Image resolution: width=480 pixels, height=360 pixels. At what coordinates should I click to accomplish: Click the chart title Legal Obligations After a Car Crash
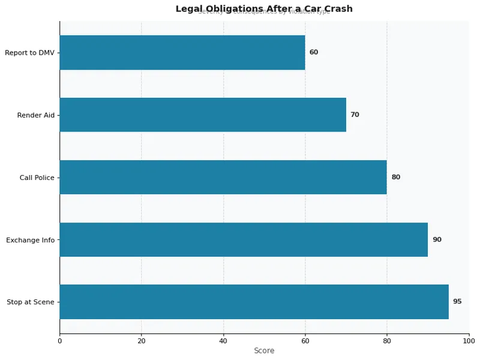[x=264, y=9]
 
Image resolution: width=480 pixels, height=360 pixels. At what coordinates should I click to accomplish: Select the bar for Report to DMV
[x=182, y=52]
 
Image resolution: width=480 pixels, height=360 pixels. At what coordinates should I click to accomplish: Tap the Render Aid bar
[x=203, y=115]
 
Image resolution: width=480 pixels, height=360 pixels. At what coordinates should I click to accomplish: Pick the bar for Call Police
[x=223, y=177]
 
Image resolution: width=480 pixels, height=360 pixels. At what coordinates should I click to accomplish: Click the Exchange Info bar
[x=244, y=239]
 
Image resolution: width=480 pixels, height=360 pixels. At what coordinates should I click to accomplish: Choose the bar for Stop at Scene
[x=254, y=302]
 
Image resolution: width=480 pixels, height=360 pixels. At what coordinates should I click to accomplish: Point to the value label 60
[x=314, y=52]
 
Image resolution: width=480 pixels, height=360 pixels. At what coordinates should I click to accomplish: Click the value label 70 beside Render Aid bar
[x=355, y=115]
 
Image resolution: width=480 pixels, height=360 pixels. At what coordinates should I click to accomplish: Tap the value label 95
[x=457, y=302]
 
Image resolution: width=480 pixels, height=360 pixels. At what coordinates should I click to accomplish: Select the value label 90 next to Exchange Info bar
[x=437, y=239]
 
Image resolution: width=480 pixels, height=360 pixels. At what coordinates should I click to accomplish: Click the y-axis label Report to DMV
[x=29, y=53]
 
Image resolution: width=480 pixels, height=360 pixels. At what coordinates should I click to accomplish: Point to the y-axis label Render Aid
[x=35, y=115]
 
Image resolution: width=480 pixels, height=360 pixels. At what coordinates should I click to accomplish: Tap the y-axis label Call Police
[x=37, y=178]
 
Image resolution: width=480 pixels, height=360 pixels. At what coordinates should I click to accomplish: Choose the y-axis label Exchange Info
[x=30, y=240]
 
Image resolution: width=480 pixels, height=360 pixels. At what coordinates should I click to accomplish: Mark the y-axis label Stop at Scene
[x=31, y=302]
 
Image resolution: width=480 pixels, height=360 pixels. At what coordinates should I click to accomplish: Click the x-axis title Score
[x=264, y=351]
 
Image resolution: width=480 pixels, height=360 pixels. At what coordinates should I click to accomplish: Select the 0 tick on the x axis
[x=59, y=341]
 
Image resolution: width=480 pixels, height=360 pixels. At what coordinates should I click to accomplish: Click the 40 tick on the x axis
[x=223, y=341]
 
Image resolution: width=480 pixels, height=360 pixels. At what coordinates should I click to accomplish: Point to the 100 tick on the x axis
[x=469, y=341]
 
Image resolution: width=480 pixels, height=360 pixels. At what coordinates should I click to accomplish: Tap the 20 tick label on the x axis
[x=142, y=341]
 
